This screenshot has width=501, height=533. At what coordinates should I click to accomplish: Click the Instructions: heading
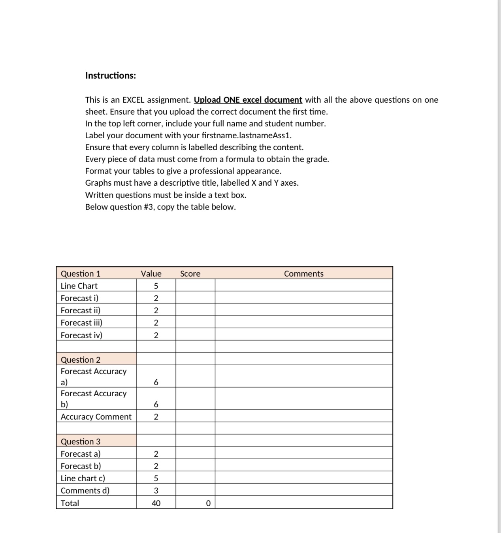click(110, 75)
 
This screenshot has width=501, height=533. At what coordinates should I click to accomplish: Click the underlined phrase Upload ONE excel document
click(248, 100)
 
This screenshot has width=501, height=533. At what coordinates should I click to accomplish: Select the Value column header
click(151, 274)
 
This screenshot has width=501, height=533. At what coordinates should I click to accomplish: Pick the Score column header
click(190, 274)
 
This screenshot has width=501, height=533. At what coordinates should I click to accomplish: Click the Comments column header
click(303, 274)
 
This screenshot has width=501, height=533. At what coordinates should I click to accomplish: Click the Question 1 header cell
click(81, 274)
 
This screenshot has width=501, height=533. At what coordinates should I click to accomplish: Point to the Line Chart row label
click(79, 286)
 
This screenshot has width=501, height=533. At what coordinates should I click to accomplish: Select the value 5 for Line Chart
click(156, 286)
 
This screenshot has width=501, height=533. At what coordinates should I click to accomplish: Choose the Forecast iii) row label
click(81, 323)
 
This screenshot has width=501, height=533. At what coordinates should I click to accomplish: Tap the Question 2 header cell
click(81, 360)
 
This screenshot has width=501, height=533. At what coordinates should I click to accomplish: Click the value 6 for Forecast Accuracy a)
click(156, 382)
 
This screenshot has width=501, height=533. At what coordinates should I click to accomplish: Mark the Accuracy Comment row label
click(96, 417)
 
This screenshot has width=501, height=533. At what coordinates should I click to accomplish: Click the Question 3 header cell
click(81, 442)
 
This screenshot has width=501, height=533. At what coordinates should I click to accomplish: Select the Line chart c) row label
click(83, 478)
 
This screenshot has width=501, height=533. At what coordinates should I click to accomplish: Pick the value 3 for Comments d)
click(156, 491)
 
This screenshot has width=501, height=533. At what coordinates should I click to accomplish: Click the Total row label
click(70, 503)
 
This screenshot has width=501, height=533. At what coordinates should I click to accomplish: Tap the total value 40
click(156, 503)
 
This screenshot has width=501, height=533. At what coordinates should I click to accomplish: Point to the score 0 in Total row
click(208, 503)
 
